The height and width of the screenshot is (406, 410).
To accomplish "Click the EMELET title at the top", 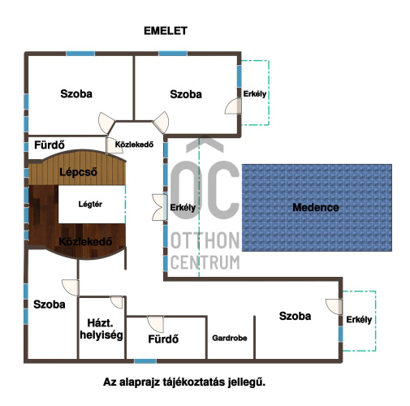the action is [x=166, y=31].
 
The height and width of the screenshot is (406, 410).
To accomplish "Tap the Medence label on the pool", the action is [x=316, y=207].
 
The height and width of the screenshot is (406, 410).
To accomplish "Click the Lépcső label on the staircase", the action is [x=78, y=172].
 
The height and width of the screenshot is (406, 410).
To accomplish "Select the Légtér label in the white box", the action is [x=90, y=204].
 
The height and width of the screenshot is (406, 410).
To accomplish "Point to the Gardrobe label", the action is [x=230, y=338].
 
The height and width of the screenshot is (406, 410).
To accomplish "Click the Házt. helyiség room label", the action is [x=101, y=329].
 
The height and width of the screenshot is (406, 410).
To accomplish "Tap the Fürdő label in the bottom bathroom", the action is [x=163, y=339].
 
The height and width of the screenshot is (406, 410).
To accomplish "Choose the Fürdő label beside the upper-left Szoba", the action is [x=50, y=145].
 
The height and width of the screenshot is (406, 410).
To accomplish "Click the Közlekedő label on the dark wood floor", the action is [x=85, y=241].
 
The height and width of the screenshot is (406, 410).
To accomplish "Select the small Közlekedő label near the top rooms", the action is [x=134, y=145].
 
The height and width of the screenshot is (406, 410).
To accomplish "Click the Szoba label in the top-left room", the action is [x=76, y=94].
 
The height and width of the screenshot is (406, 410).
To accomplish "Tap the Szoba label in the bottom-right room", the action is [x=295, y=316].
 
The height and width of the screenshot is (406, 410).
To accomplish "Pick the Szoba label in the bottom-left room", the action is [x=50, y=304].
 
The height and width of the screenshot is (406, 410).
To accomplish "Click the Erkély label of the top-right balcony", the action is [x=255, y=93].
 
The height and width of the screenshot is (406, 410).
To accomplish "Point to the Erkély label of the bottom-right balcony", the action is [x=359, y=320].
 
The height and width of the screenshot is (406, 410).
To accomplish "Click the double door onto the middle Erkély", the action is [x=160, y=207].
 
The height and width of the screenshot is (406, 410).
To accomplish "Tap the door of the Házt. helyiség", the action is [x=117, y=302].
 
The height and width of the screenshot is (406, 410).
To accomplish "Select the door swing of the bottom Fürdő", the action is [x=156, y=324].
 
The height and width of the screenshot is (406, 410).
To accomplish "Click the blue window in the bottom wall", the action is [x=145, y=361].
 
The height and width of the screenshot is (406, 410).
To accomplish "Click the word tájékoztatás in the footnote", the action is [x=194, y=382].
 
